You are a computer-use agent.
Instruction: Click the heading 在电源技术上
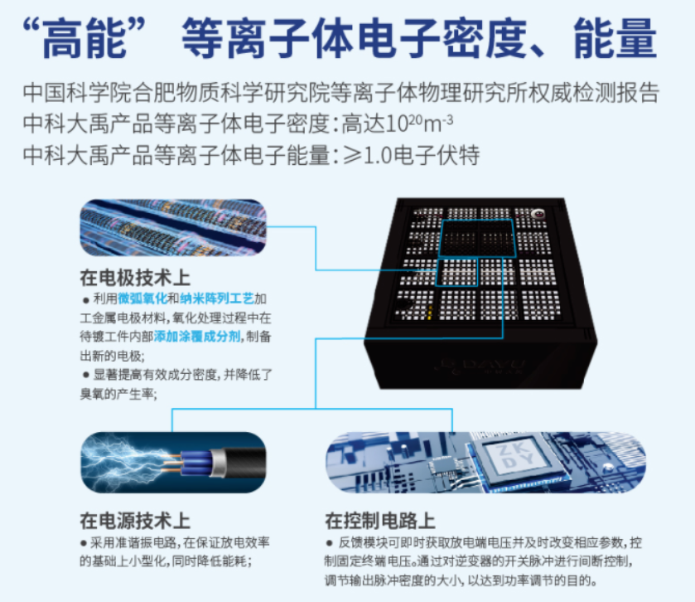[x=135, y=521]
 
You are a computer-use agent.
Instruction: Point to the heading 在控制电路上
[x=380, y=521]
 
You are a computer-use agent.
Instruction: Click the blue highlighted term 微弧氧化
[x=142, y=298]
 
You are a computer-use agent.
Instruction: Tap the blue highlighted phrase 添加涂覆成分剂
[x=199, y=337]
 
